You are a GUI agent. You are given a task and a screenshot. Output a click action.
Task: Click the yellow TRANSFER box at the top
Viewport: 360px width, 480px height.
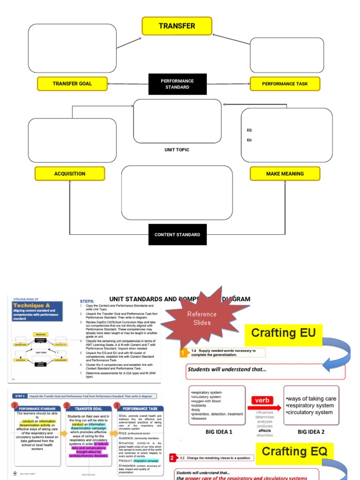coord(177,26)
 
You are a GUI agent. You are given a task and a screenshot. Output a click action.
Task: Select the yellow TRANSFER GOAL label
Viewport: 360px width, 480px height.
coord(72,84)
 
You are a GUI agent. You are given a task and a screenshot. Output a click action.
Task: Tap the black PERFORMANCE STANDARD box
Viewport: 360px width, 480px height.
coord(177,84)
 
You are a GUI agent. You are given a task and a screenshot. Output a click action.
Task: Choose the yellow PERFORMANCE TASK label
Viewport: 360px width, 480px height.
coord(285,84)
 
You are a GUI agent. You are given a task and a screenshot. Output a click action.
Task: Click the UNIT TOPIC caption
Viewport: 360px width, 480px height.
coord(177,150)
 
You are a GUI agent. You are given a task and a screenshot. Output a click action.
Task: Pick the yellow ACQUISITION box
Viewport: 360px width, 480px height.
coord(70,174)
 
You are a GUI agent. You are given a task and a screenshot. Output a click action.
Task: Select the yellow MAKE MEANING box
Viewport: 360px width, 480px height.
coord(285,174)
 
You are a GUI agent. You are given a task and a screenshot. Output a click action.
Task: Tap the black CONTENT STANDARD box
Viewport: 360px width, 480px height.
coord(177,235)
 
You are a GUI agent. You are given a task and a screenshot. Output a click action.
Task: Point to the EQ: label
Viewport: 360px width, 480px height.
coord(249,130)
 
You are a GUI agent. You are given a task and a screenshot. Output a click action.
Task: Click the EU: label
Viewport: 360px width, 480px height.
coord(249,140)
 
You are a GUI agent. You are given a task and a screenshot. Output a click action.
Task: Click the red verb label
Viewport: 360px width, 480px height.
coord(262,400)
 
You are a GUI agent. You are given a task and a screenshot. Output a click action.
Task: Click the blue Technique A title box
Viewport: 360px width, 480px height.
coord(37,310)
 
